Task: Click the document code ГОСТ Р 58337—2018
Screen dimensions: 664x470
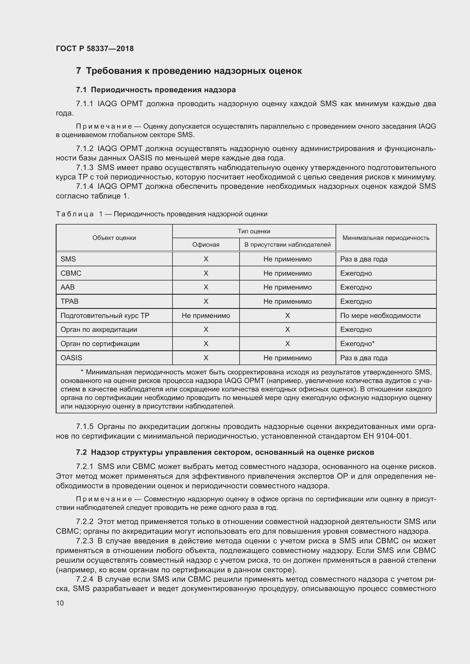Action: pos(95,49)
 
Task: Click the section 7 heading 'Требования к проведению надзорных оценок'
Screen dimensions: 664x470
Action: pos(189,71)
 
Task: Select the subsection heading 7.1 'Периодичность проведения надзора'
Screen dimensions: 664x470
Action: pos(156,90)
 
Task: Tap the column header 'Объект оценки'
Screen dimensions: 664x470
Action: pos(114,238)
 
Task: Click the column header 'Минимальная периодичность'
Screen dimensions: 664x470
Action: pos(386,238)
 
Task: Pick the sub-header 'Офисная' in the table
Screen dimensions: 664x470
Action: pos(206,245)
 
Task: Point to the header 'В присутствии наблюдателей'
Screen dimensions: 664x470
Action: pos(287,245)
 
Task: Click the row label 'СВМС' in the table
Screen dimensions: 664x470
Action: pos(71,273)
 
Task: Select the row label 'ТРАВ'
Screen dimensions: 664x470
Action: pos(69,301)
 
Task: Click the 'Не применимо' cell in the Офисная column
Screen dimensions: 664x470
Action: pos(206,315)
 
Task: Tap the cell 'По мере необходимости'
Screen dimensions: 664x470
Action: pos(380,315)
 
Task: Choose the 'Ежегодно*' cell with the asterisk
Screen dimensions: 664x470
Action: pos(357,343)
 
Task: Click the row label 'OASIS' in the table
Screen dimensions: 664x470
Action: pos(71,358)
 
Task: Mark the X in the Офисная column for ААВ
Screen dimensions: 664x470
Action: pos(206,287)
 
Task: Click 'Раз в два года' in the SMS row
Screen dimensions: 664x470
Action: pos(363,259)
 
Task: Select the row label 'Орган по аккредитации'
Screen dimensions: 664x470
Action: pos(99,329)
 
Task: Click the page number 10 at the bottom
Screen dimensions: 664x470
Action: pos(60,603)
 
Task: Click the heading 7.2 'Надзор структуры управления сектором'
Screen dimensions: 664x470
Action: pos(225,452)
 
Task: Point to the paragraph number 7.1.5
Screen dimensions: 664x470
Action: pos(84,427)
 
